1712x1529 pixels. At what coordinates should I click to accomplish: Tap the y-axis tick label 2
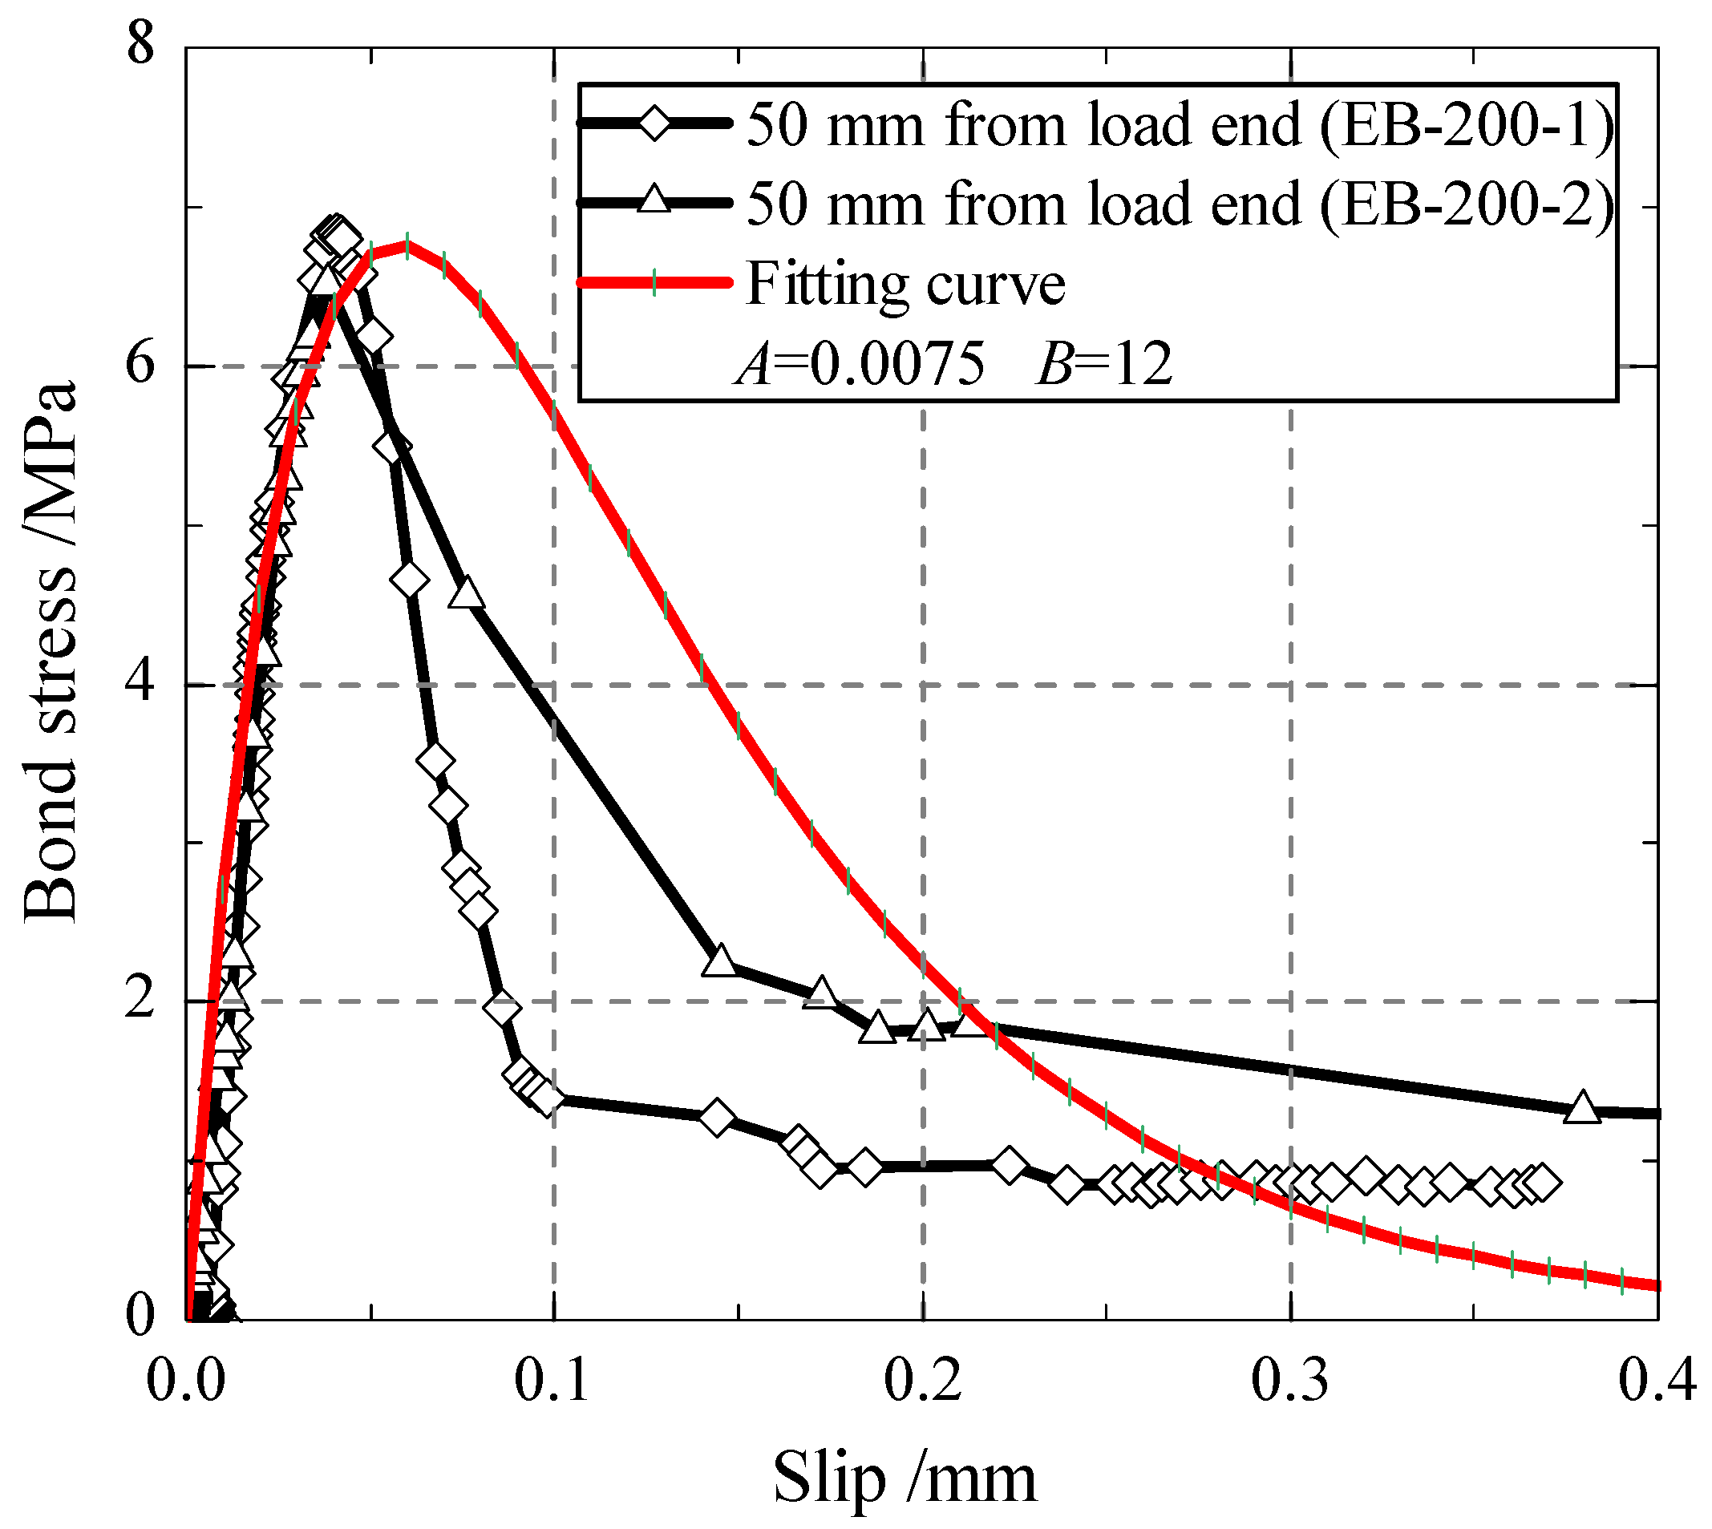[140, 1001]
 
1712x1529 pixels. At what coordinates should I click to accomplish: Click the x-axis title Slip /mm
[904, 1478]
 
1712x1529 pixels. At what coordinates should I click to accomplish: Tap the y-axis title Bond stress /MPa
[51, 653]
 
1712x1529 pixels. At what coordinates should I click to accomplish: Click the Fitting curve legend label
[905, 284]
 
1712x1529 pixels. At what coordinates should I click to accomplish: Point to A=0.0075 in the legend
[860, 365]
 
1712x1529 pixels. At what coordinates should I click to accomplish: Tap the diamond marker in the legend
[654, 123]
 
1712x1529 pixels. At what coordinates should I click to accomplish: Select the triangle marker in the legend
[654, 201]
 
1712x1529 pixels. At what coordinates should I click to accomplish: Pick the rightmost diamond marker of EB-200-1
[1542, 1183]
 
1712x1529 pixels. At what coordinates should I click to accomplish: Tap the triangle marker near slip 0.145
[720, 961]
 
